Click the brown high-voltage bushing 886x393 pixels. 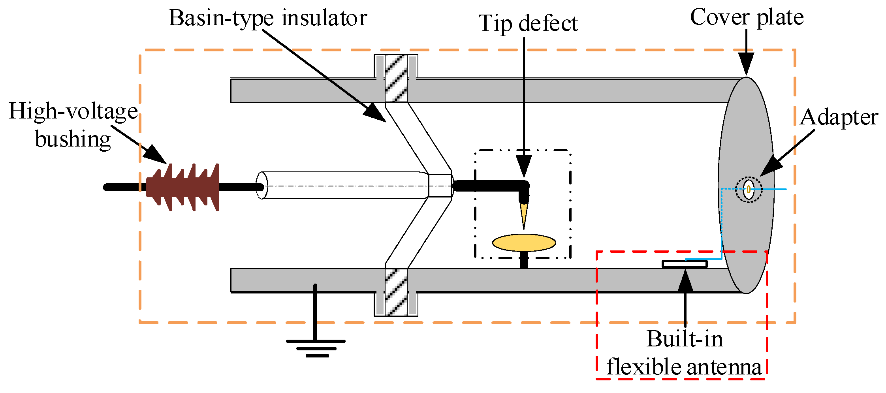point(182,187)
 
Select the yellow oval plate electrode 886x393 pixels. point(524,243)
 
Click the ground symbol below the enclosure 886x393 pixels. point(316,348)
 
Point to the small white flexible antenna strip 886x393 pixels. point(685,264)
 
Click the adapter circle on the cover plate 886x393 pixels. point(749,189)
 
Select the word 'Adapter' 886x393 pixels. point(838,117)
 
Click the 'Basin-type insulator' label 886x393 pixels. point(268,18)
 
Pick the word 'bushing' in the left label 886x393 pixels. point(73,139)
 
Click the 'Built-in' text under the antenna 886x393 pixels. point(685,339)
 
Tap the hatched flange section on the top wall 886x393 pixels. point(396,78)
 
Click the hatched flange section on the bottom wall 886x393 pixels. point(396,292)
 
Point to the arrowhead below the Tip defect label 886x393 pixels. point(524,165)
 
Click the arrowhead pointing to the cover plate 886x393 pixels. point(746,63)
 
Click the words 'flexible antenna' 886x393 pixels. point(684,367)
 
